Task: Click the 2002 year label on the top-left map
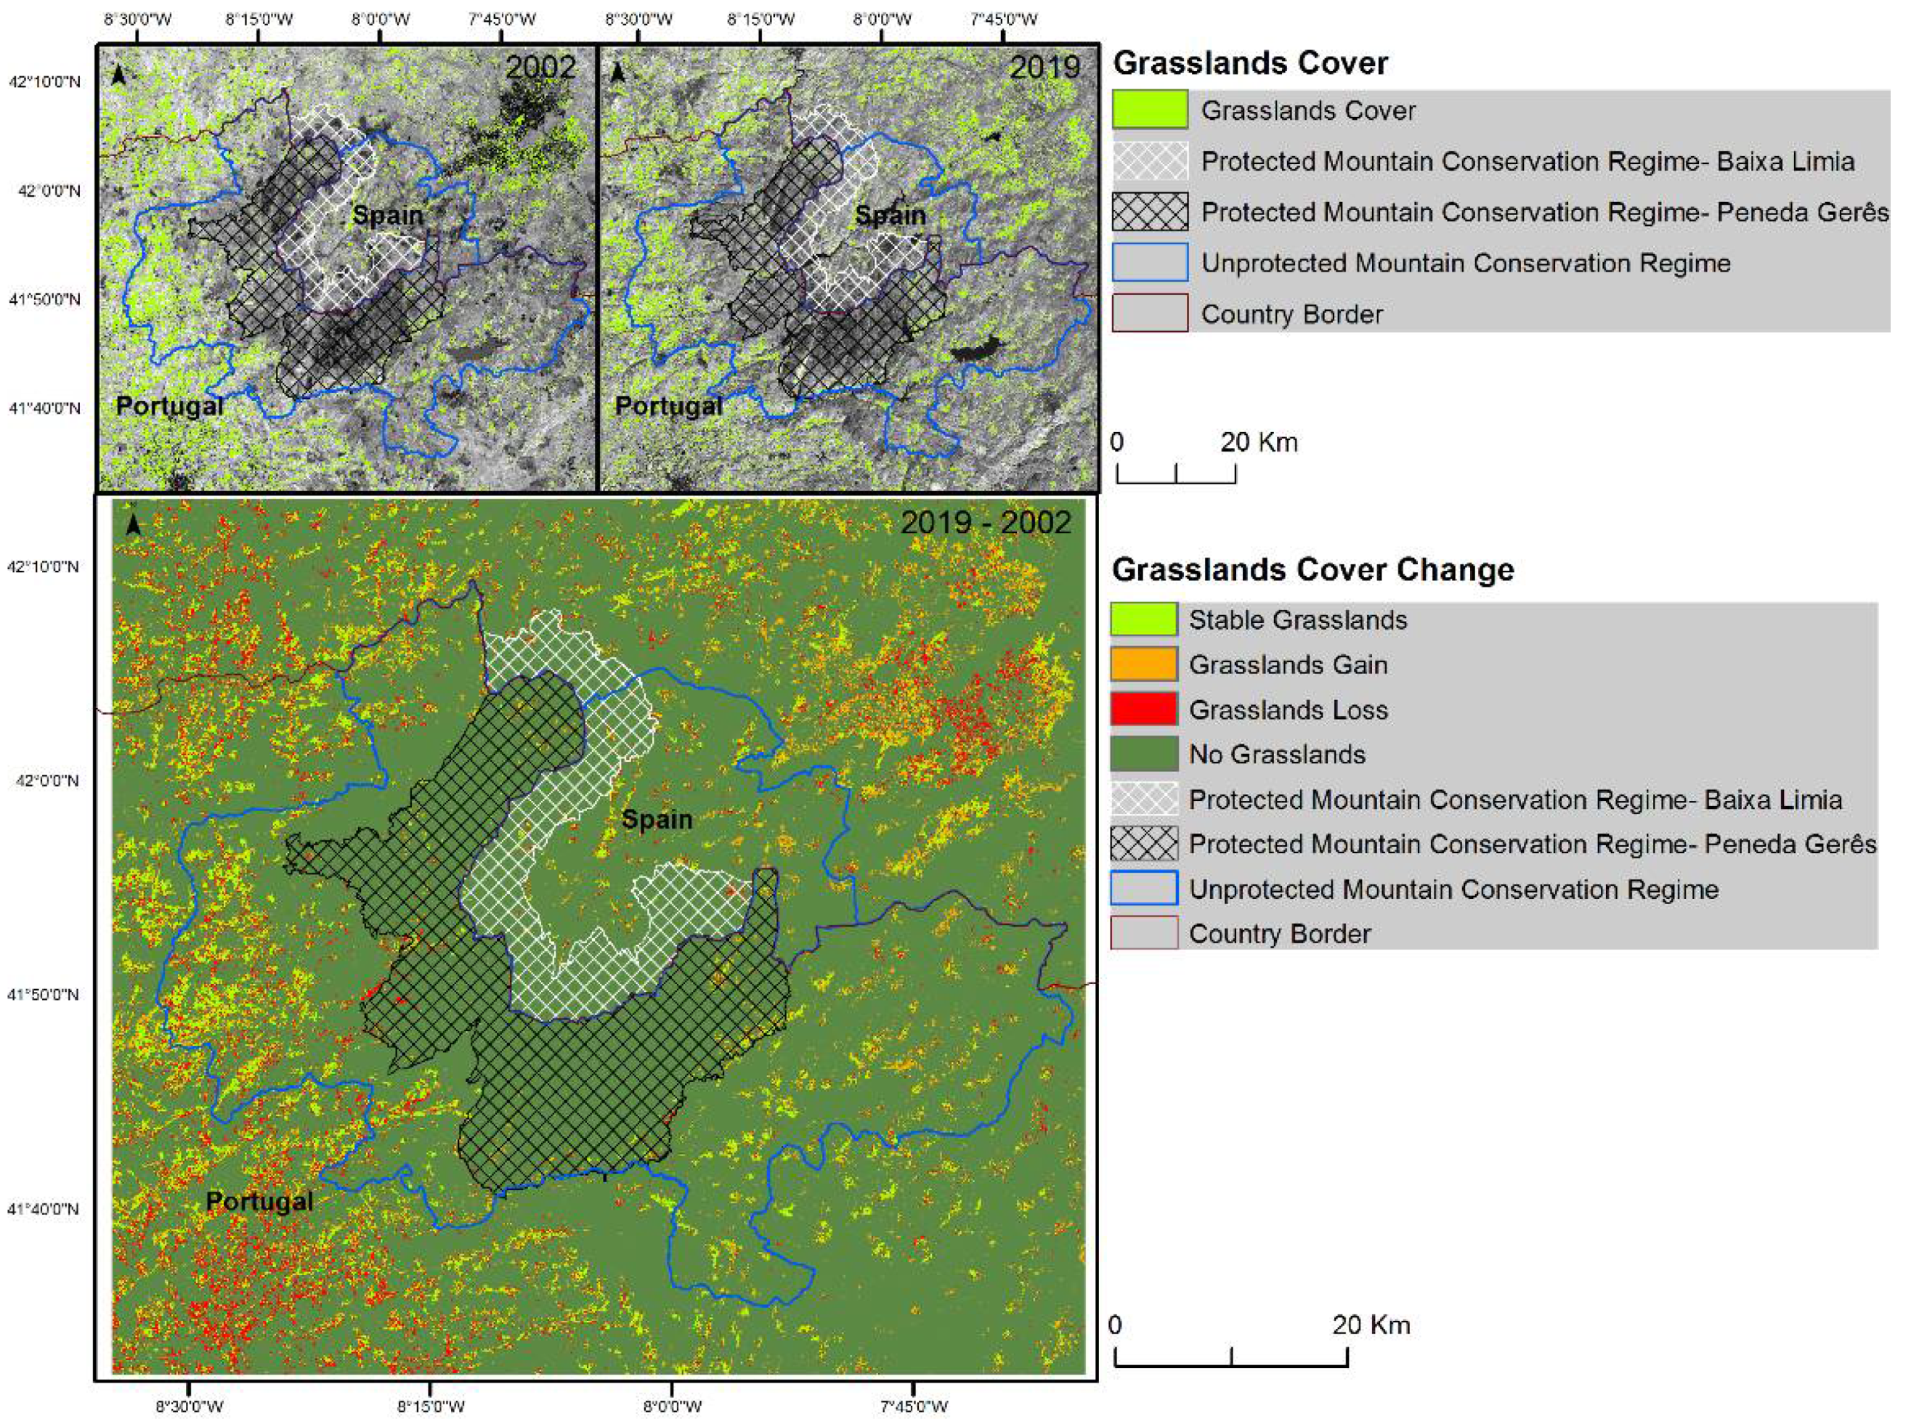click(540, 68)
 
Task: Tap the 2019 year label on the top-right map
click(1044, 68)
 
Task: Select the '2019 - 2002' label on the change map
click(985, 522)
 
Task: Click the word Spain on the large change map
click(657, 819)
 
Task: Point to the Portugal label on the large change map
click(259, 1201)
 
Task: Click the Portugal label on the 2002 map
click(169, 406)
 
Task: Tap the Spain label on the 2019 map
click(890, 215)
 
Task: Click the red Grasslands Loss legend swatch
click(1143, 709)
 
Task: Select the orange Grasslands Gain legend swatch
click(1143, 664)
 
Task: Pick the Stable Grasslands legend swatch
click(1143, 619)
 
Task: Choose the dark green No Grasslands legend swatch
click(1143, 754)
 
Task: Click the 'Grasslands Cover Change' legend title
click(1312, 570)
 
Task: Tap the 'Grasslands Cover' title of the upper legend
click(1250, 64)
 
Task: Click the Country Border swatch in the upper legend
click(1149, 314)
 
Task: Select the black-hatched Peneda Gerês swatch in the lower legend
click(1143, 844)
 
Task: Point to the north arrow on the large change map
click(133, 525)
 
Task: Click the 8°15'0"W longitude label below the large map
click(430, 1407)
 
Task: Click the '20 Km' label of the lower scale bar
click(1371, 1325)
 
